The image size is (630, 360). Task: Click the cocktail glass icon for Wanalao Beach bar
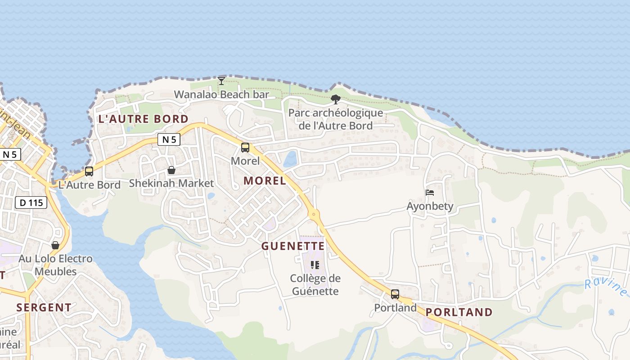[x=221, y=81]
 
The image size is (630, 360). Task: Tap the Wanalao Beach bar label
[x=221, y=94]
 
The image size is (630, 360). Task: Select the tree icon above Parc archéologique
[x=335, y=99]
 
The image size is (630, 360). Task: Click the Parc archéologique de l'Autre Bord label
[x=336, y=119]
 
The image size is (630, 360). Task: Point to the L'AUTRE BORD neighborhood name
[x=143, y=119]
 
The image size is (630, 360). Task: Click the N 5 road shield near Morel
[x=169, y=139]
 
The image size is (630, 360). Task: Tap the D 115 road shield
[x=31, y=202]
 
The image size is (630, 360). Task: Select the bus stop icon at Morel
[x=245, y=148]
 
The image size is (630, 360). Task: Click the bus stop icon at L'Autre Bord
[x=89, y=171]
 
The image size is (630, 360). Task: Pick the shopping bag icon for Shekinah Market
[x=171, y=170]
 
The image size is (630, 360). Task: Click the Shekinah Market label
[x=171, y=183]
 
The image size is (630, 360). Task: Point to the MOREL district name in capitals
[x=265, y=181]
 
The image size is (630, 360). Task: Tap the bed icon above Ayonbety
[x=430, y=193]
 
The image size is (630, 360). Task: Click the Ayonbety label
[x=430, y=207]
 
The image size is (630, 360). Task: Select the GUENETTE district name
[x=293, y=246]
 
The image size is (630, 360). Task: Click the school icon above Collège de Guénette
[x=315, y=265]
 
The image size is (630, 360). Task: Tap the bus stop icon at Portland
[x=395, y=294]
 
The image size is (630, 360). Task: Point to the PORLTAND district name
[x=459, y=312]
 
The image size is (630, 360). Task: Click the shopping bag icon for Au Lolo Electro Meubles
[x=55, y=245]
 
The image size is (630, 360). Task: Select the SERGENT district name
[x=44, y=308]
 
